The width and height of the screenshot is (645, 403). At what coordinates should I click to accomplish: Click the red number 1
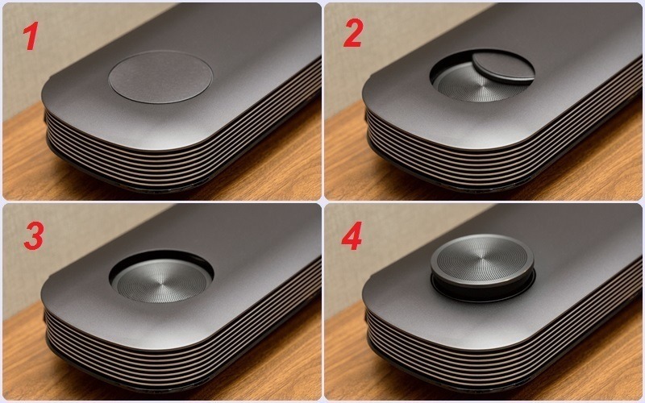pyautogui.click(x=31, y=36)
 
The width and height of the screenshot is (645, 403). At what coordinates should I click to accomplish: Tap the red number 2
pyautogui.click(x=352, y=32)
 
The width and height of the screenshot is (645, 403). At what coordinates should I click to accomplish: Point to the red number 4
pyautogui.click(x=352, y=236)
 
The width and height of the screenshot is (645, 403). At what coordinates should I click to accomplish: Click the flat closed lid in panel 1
pyautogui.click(x=160, y=77)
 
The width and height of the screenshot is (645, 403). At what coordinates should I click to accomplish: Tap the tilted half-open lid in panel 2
pyautogui.click(x=503, y=68)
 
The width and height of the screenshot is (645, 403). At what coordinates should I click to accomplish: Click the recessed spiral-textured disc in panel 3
pyautogui.click(x=162, y=280)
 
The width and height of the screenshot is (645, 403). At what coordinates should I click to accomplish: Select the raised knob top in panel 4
pyautogui.click(x=482, y=260)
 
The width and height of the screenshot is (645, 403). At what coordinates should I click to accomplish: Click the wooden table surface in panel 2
pyautogui.click(x=346, y=164)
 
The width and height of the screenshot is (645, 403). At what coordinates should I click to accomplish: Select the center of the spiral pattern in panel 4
pyautogui.click(x=482, y=259)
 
